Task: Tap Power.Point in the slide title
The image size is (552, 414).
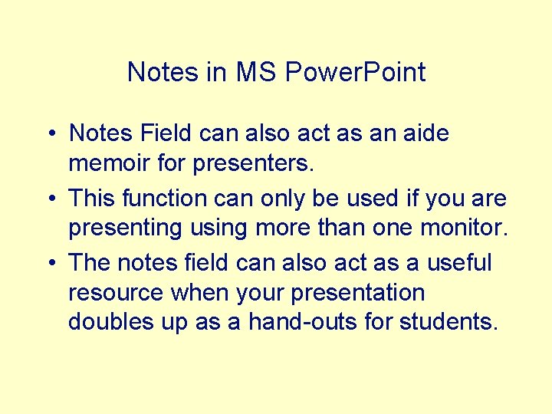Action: (355, 72)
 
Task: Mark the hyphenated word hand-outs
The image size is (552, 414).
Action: (304, 322)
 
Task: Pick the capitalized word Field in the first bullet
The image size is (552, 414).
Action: (166, 133)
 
